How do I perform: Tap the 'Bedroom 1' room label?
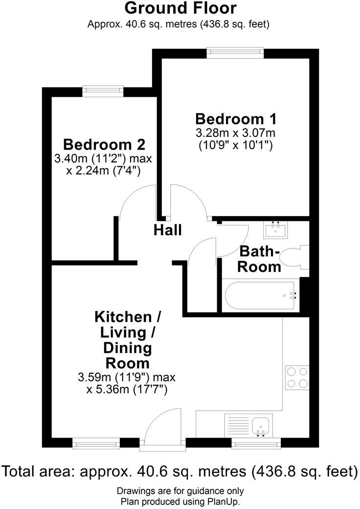pyautogui.click(x=236, y=119)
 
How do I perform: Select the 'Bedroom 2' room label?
pyautogui.click(x=104, y=145)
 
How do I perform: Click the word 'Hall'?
pyautogui.click(x=168, y=230)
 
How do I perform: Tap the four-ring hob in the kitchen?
pyautogui.click(x=297, y=378)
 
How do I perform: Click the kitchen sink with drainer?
pyautogui.click(x=248, y=426)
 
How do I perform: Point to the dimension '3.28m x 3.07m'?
pyautogui.click(x=236, y=133)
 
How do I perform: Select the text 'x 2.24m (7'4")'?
pyautogui.click(x=104, y=171)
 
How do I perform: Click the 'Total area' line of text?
pyautogui.click(x=180, y=471)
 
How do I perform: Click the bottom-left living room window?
pyautogui.click(x=96, y=443)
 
